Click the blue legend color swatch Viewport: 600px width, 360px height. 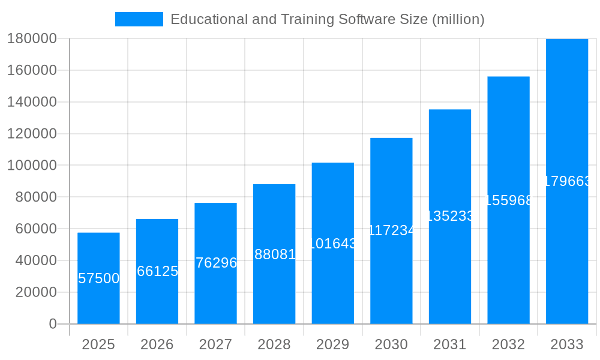[x=139, y=19]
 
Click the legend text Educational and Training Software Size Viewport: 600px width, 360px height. [x=327, y=19]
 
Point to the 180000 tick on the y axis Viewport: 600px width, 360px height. [x=32, y=39]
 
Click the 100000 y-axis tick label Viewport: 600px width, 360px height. [x=32, y=165]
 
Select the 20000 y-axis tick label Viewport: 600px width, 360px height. [x=35, y=292]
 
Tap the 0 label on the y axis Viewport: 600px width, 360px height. [x=53, y=324]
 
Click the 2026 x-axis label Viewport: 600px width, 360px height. [x=157, y=344]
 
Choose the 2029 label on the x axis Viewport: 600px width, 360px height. [x=332, y=344]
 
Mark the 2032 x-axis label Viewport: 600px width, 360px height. [x=508, y=344]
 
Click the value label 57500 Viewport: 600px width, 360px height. [x=99, y=278]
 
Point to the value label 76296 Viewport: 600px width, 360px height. [x=216, y=263]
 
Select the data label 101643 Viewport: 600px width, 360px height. [x=333, y=244]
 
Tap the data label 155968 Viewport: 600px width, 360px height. [x=508, y=200]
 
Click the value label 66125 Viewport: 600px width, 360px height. [x=157, y=271]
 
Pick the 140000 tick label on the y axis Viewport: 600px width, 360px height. [x=32, y=102]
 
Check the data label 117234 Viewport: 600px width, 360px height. [x=391, y=230]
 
